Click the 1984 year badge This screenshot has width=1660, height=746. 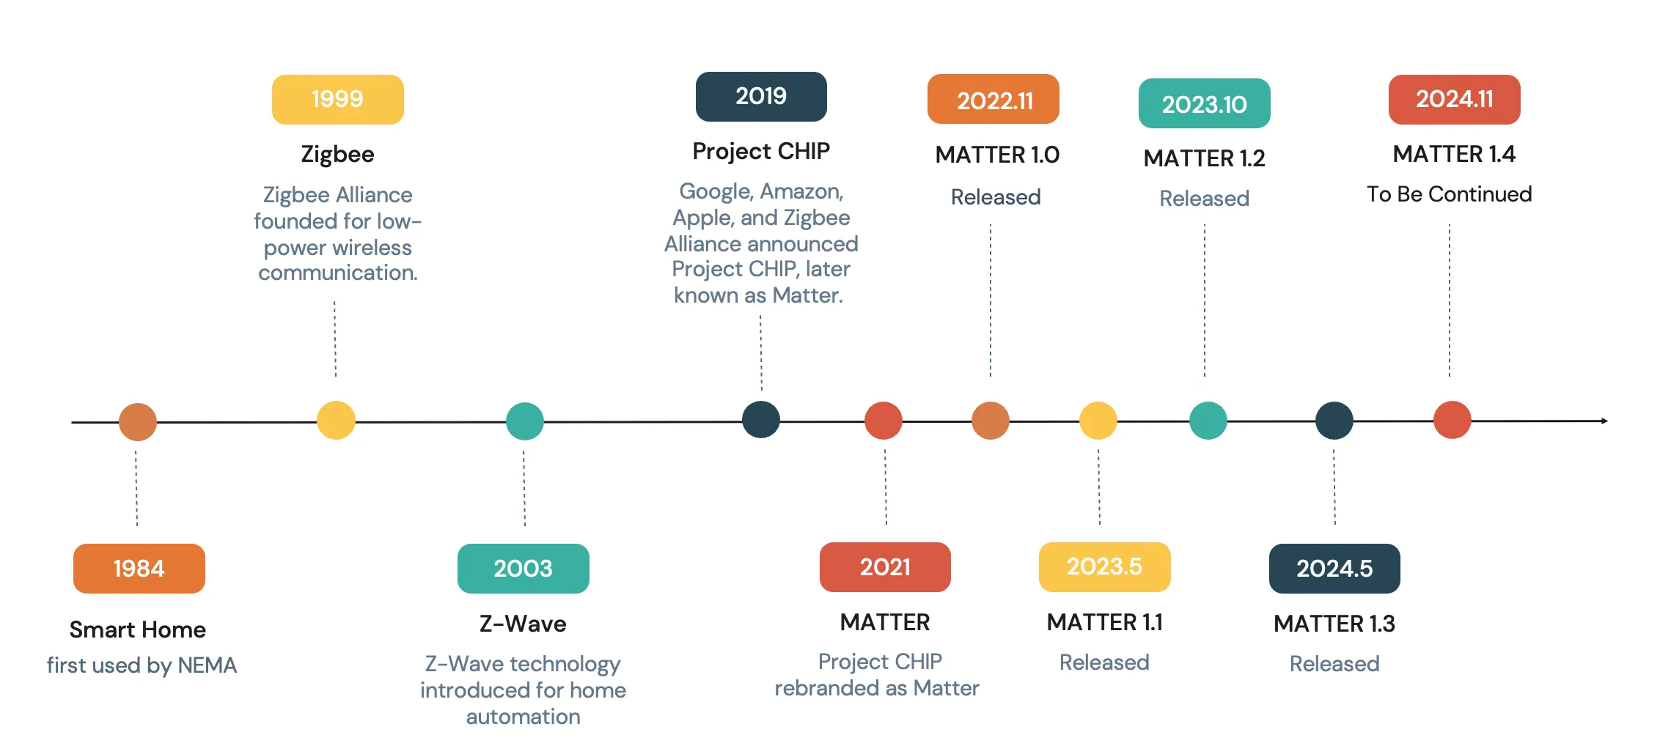coord(139,568)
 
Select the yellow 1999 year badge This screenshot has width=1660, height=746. coord(338,99)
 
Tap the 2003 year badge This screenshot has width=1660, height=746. coord(524,568)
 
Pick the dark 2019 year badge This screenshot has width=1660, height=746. coord(761,96)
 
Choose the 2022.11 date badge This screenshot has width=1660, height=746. coord(994,99)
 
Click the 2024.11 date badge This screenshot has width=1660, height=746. coord(1455,99)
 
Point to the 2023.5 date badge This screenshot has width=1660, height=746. coord(1105,566)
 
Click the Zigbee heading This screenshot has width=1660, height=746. coord(338,155)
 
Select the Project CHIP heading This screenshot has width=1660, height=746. coord(761,151)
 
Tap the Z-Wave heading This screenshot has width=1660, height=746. coord(523,624)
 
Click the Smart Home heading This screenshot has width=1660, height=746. coord(138,629)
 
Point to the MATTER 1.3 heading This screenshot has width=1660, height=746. coord(1334,624)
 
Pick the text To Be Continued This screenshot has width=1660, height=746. coord(1450,194)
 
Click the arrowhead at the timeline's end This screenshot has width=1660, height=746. coord(1606,421)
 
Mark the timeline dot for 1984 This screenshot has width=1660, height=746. coord(138,422)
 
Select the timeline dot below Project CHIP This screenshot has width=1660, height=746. coord(761,420)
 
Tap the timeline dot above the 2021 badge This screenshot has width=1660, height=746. coord(884,421)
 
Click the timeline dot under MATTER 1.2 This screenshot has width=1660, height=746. coord(1208,421)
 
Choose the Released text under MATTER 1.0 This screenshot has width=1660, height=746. coord(996,197)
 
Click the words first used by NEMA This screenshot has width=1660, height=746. coord(142,665)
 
